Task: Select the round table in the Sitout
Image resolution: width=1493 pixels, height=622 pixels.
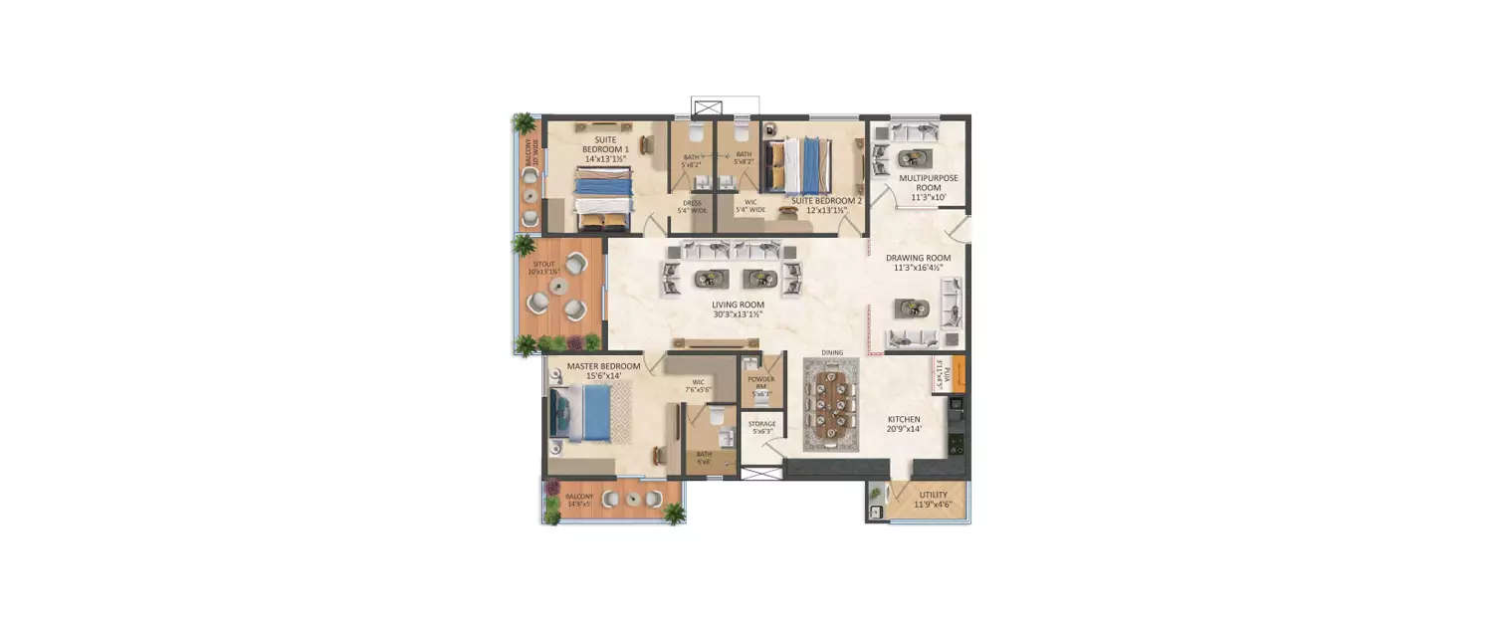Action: [555, 292]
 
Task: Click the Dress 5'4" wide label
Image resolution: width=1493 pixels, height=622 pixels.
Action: [693, 206]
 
